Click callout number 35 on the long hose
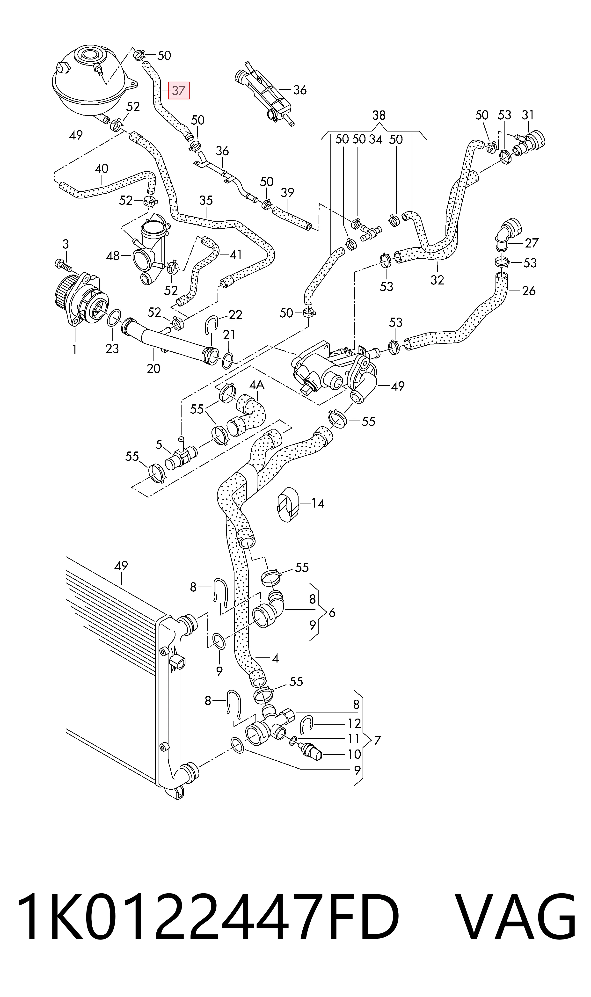coord(206,200)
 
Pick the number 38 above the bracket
coord(379,116)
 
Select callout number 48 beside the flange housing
coord(113,256)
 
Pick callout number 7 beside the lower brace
coord(377,740)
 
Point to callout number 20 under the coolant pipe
coord(154,368)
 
